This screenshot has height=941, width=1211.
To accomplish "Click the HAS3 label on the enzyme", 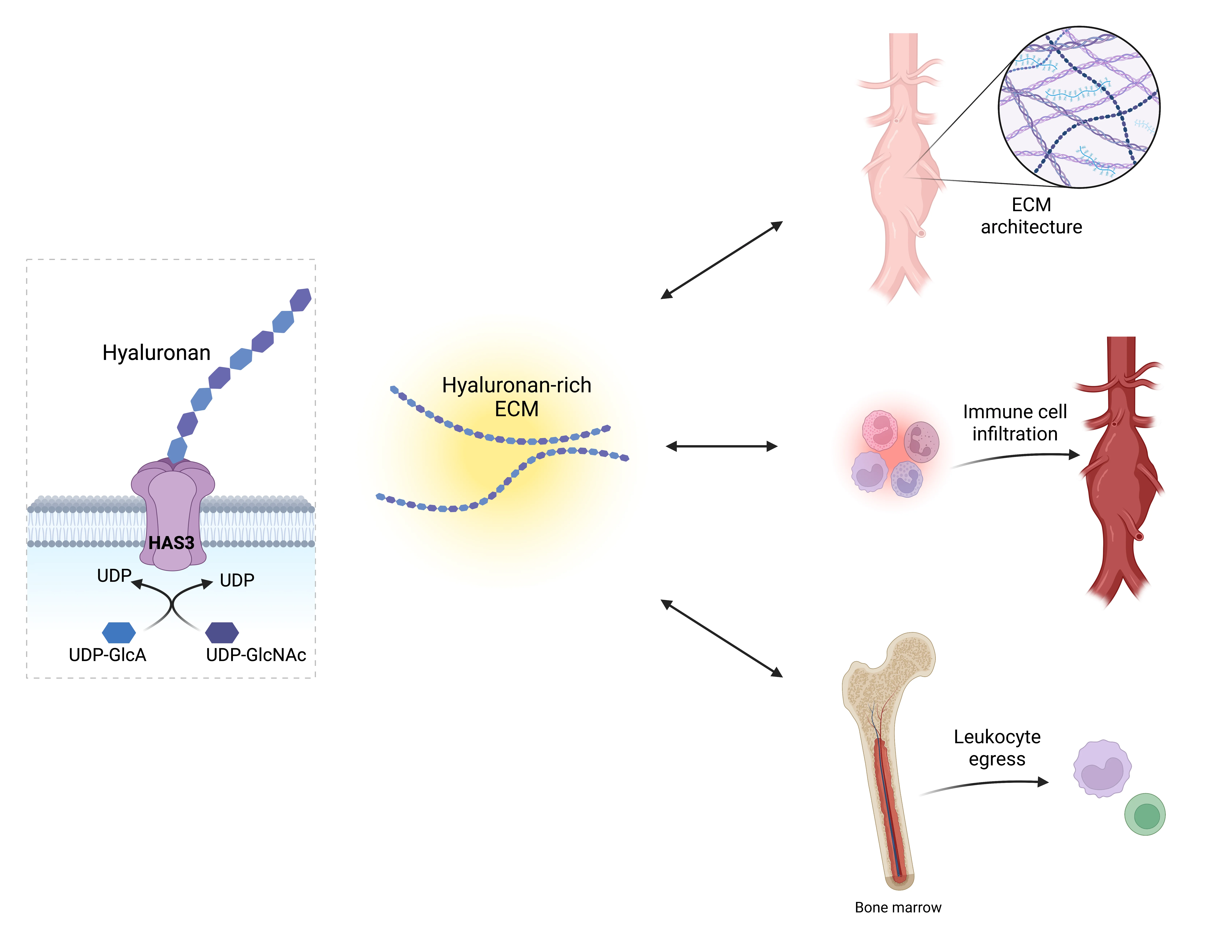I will click(171, 543).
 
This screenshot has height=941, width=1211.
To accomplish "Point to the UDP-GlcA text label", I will click(108, 655).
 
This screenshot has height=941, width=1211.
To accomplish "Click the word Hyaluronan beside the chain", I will click(156, 353).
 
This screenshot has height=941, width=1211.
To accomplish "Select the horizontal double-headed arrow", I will click(721, 446).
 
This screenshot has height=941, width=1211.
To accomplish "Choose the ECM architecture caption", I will click(1031, 216).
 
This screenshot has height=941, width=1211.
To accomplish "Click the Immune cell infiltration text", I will click(1015, 423).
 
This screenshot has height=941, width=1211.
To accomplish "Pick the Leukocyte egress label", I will click(997, 748).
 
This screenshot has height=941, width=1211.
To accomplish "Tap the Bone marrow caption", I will click(898, 908).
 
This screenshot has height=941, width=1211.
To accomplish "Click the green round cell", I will click(1144, 815).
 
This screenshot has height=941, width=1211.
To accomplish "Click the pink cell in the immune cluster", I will click(879, 430).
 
